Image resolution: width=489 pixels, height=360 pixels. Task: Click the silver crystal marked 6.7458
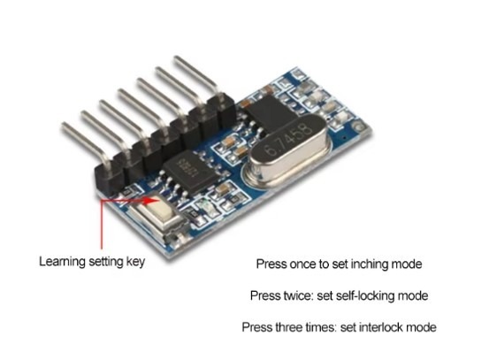tap(287, 152)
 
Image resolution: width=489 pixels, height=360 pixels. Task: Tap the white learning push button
tap(160, 207)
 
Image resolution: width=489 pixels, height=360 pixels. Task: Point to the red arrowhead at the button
tap(152, 200)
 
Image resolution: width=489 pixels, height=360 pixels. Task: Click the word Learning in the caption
tap(62, 262)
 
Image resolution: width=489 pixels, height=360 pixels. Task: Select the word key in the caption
tap(135, 262)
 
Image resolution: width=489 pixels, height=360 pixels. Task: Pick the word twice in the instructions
tap(298, 295)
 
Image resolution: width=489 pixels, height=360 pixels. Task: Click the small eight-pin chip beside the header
tap(191, 172)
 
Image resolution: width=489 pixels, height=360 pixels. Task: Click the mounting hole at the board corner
tap(360, 127)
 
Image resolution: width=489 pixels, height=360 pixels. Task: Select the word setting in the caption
tap(106, 262)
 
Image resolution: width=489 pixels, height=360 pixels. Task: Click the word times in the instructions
tap(321, 327)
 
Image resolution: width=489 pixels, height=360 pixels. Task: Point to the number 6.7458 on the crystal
tap(287, 140)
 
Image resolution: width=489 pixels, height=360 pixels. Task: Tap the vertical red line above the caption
tap(102, 225)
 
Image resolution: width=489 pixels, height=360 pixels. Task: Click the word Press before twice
tap(265, 295)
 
